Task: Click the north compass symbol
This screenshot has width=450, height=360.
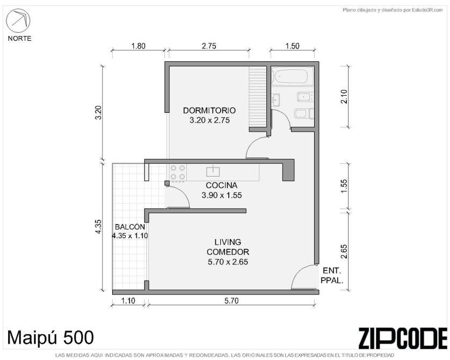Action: pos(18,21)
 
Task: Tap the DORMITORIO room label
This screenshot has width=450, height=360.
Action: pos(209,110)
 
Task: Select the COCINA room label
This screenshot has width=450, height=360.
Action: pos(222,185)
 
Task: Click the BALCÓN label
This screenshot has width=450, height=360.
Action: pos(130,227)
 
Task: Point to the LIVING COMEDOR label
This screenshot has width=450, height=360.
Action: pos(228,247)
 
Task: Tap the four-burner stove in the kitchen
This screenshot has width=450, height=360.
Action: pos(178,172)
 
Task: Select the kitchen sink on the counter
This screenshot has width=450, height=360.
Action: pos(213,171)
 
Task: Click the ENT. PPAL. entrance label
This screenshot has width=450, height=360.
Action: pos(332,275)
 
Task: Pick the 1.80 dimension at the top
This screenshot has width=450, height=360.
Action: pos(139,46)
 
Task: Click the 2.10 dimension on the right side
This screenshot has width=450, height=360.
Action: pos(344,97)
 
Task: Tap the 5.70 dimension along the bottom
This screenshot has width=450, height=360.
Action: pos(231,300)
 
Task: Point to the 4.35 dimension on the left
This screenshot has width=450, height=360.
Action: pos(98,227)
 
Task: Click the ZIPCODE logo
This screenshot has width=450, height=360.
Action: pos(403,338)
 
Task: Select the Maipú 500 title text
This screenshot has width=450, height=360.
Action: pos(50,337)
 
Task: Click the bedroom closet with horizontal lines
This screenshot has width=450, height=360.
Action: pos(258,97)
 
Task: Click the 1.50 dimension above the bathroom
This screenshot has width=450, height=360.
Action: pos(292,46)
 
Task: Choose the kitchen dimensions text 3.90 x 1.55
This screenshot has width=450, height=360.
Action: pos(222,195)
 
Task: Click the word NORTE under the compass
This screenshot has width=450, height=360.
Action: pos(19,39)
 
